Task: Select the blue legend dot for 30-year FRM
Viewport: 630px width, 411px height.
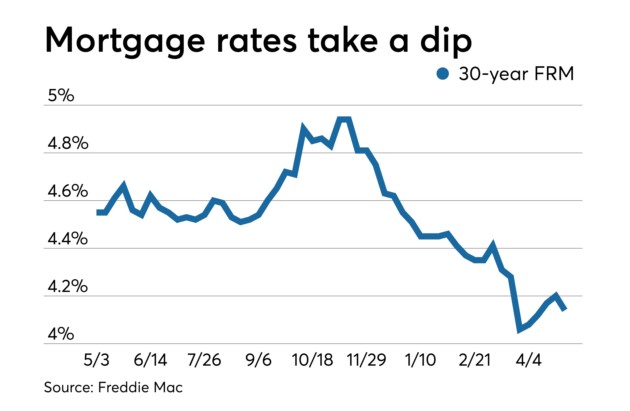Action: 443,73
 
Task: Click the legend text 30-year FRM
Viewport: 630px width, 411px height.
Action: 516,74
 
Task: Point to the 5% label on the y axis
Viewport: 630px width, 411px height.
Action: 61,95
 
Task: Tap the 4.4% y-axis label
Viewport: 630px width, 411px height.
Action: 68,238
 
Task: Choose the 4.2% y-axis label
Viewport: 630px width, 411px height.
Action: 68,286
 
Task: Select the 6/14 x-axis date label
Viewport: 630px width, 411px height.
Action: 150,360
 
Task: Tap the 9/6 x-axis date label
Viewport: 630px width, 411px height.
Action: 258,360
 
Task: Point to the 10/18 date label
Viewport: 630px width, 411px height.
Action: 312,360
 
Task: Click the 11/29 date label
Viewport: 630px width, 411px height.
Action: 366,360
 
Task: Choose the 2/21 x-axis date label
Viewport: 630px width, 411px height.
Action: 475,360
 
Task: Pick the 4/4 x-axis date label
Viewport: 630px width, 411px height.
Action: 529,360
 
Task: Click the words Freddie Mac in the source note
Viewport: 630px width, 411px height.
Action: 140,387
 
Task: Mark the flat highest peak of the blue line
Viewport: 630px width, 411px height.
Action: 344,120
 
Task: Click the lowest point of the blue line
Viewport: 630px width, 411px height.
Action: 519,330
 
